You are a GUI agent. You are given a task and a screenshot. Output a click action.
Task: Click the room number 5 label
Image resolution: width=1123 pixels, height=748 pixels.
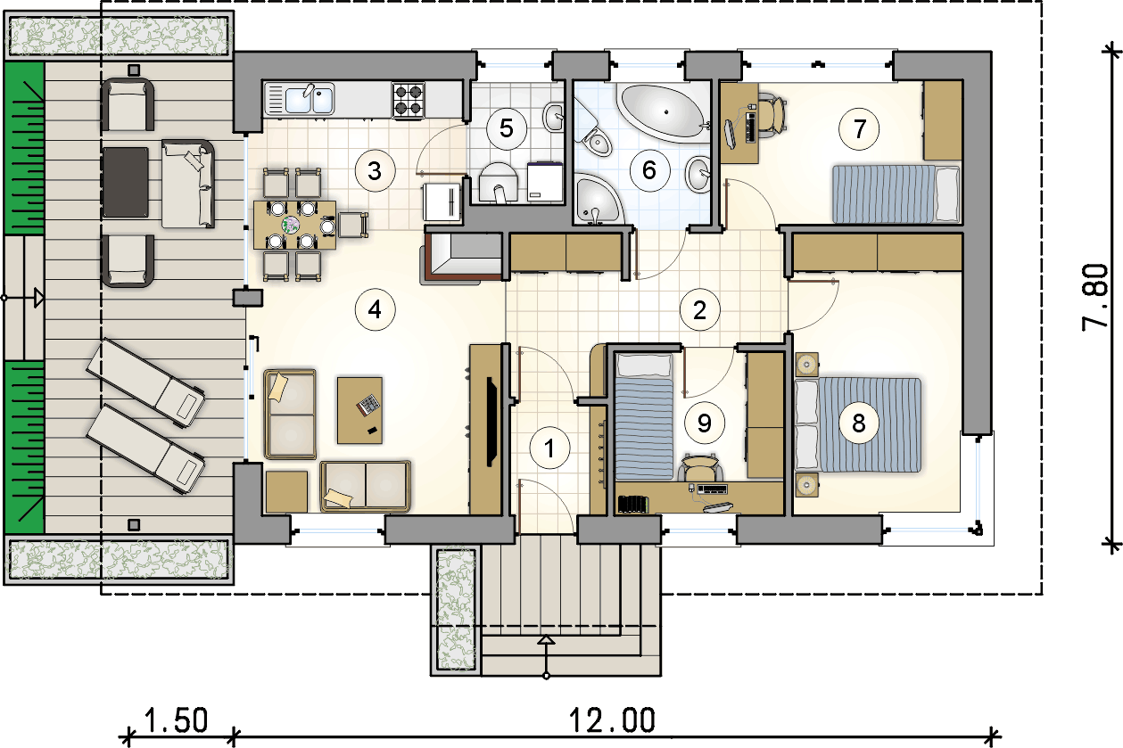(507, 128)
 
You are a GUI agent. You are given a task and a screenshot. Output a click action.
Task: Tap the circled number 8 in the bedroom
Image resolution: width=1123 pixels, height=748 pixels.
(859, 423)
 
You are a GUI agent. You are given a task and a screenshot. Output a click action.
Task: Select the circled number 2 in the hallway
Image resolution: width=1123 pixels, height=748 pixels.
(700, 310)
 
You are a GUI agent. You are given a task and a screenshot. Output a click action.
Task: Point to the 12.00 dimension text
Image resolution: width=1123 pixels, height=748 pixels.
(612, 720)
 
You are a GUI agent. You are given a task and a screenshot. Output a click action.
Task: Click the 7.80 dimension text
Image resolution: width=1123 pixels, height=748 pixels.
(1095, 297)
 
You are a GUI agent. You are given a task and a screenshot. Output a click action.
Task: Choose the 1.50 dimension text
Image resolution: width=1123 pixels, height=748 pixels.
(176, 720)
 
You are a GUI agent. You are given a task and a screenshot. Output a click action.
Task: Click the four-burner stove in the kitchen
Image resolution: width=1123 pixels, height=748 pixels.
(409, 100)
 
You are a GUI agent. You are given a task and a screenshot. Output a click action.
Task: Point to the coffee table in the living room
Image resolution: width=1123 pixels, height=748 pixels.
(360, 410)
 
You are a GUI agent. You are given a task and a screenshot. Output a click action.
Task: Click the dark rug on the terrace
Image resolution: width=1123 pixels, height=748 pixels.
(126, 183)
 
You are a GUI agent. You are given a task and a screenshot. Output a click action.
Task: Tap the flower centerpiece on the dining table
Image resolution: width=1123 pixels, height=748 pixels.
(290, 224)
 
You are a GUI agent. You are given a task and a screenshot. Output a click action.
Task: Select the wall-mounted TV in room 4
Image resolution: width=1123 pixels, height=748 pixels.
(491, 423)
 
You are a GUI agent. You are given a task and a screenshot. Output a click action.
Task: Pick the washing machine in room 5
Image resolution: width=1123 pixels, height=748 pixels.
(545, 181)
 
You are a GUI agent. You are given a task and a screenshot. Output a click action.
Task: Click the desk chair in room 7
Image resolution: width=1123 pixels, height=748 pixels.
(772, 115)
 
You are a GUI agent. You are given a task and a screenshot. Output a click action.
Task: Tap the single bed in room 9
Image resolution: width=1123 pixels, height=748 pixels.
(644, 416)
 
